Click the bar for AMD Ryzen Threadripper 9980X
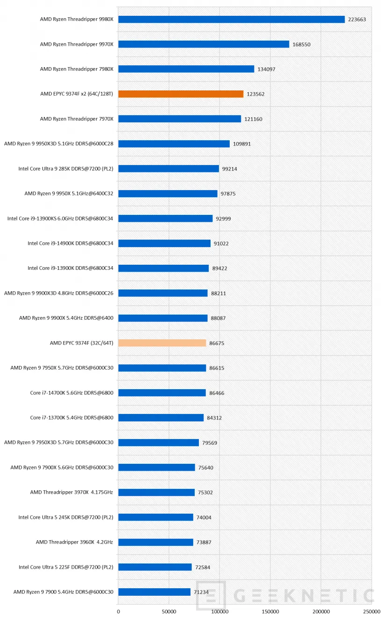pyautogui.click(x=231, y=19)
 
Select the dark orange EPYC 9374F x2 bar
pyautogui.click(x=181, y=94)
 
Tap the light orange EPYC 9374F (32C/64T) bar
pyautogui.click(x=162, y=343)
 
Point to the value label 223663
pyautogui.click(x=357, y=20)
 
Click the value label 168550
pyautogui.click(x=302, y=44)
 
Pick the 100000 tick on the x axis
pyautogui.click(x=219, y=611)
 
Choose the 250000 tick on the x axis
pyautogui.click(x=372, y=611)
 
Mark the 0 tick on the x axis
pyautogui.click(x=118, y=611)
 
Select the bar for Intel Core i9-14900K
pyautogui.click(x=164, y=243)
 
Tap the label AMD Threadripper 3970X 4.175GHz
pyautogui.click(x=71, y=492)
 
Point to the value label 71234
pyautogui.click(x=204, y=592)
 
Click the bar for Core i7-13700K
pyautogui.click(x=161, y=418)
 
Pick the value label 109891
pyautogui.click(x=242, y=144)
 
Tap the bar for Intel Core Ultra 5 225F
pyautogui.click(x=155, y=567)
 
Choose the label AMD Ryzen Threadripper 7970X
pyautogui.click(x=77, y=119)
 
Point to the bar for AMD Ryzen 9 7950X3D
pyautogui.click(x=158, y=442)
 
